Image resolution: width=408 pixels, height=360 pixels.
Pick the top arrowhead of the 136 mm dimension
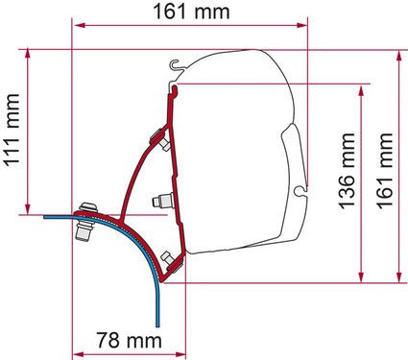coord(363,87)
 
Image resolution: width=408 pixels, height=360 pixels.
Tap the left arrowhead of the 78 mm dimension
coord(78,351)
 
